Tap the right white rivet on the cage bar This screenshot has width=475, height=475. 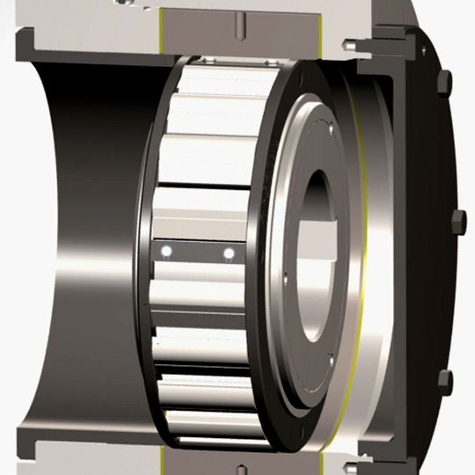229,253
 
